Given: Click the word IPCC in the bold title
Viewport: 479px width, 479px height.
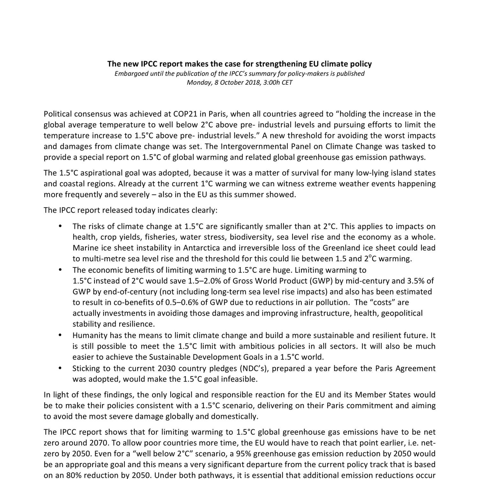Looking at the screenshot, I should pyautogui.click(x=149, y=64).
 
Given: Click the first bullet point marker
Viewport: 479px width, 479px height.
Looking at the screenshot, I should pyautogui.click(x=60, y=226).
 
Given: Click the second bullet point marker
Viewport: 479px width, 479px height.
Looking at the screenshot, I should pyautogui.click(x=60, y=270).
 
